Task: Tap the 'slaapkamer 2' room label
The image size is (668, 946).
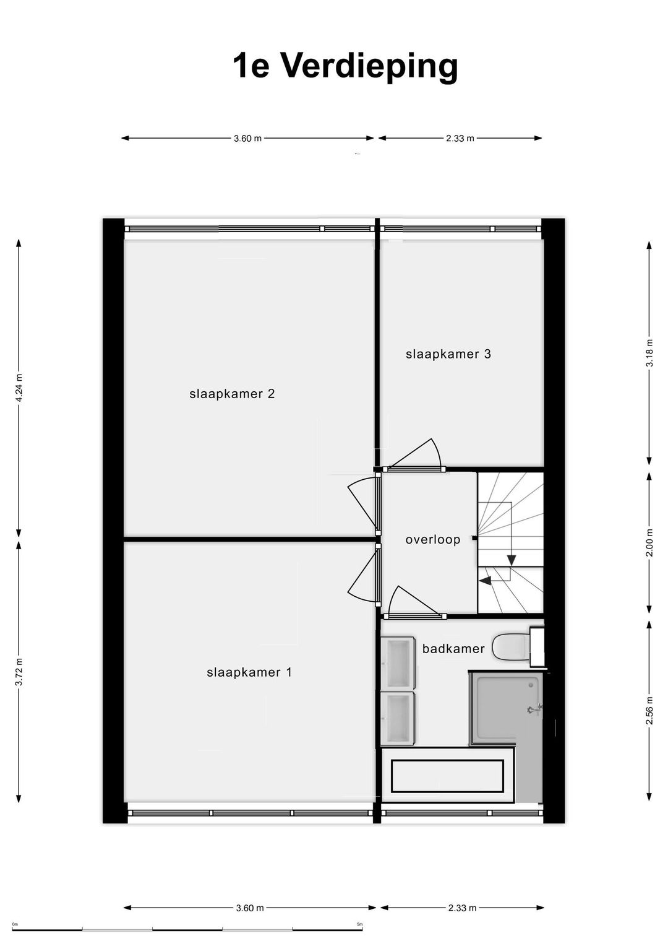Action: pos(232,394)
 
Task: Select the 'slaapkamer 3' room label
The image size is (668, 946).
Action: pos(448,354)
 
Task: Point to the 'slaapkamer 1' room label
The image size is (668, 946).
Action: pos(249,672)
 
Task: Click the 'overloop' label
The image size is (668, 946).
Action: pos(433,539)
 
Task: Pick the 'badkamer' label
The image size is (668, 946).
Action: pos(453,648)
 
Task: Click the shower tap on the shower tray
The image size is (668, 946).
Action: pos(534,709)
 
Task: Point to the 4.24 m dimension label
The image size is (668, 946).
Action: pos(19,388)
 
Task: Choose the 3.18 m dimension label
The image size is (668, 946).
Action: pos(650,353)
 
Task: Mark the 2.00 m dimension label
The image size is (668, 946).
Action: pos(650,542)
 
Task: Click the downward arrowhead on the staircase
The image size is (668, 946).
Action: pos(512,560)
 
